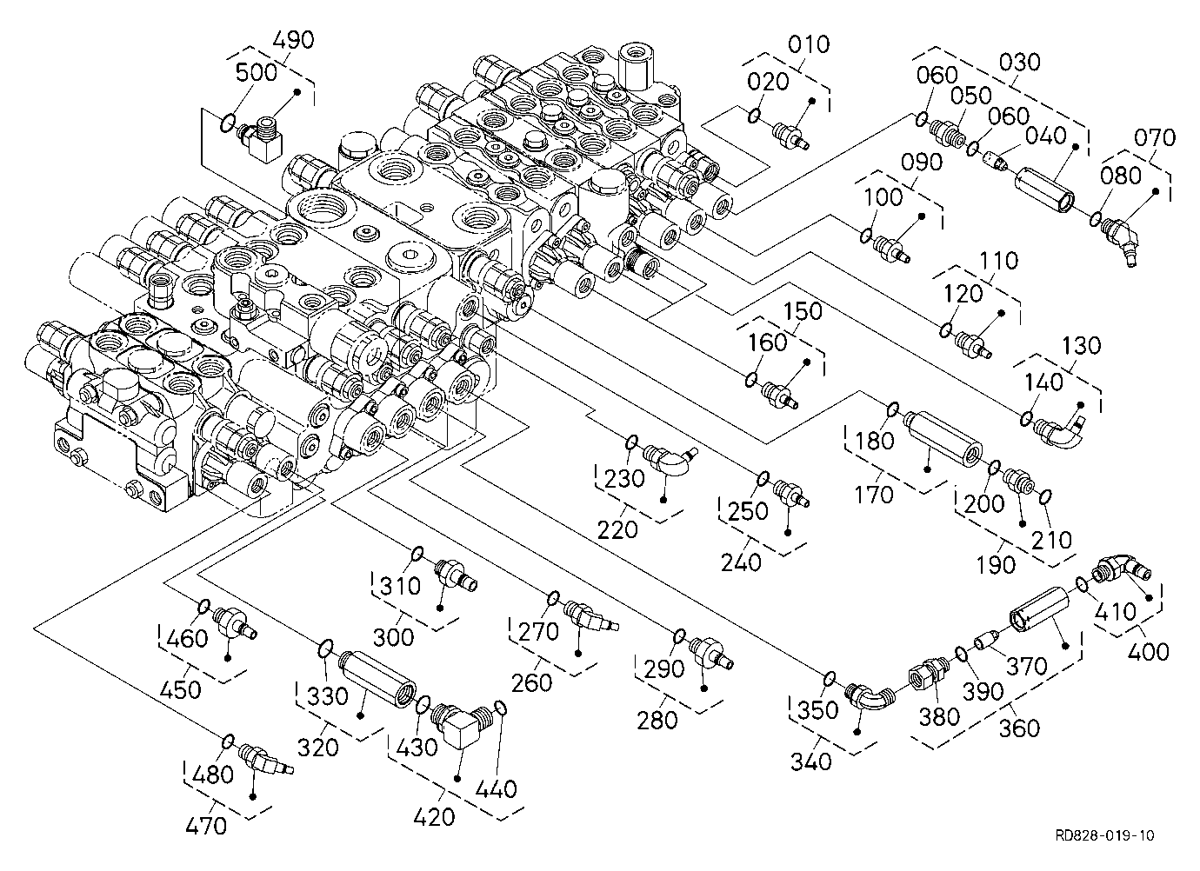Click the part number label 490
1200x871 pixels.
coord(294,40)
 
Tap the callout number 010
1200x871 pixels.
coord(809,44)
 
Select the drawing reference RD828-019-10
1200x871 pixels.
coord(1105,835)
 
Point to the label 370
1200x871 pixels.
coord(1026,667)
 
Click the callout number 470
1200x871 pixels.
coord(206,826)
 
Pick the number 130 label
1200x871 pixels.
coord(1081,345)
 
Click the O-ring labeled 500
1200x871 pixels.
coord(227,123)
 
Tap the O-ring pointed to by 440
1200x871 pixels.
coord(502,708)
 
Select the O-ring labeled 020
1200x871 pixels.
coord(753,115)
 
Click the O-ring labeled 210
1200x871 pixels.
coord(1044,497)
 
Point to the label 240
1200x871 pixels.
coord(741,562)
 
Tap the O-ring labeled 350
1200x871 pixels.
coord(828,679)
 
